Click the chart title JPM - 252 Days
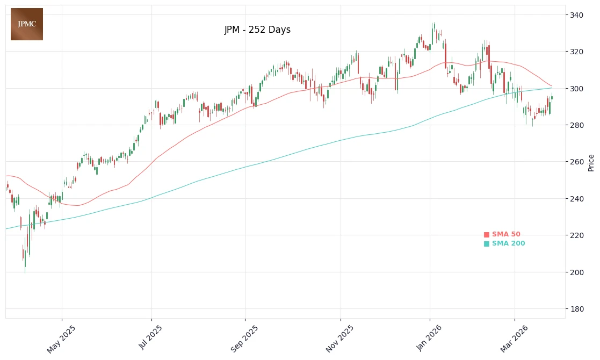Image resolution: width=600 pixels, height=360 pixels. point(257,30)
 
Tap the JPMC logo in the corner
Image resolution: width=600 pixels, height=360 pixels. point(27,24)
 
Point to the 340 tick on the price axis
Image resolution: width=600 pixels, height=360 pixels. point(577,15)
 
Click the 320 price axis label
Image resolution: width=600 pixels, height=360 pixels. point(577,52)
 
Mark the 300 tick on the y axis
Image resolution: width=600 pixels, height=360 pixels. point(577,89)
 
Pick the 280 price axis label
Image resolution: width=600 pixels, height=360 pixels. point(577,125)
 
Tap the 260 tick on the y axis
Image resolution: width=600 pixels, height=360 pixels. point(577,162)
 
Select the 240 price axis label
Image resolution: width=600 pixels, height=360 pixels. point(577,199)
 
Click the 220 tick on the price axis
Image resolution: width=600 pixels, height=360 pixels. point(577,235)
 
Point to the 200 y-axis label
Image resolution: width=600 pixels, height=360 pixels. point(577,272)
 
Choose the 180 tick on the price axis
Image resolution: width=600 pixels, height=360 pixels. point(577,309)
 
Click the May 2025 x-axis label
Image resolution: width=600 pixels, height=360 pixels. point(61,339)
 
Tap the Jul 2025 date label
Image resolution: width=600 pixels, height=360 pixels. point(151,337)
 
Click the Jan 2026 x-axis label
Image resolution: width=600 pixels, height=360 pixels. point(429,338)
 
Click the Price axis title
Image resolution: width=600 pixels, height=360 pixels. point(591,162)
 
